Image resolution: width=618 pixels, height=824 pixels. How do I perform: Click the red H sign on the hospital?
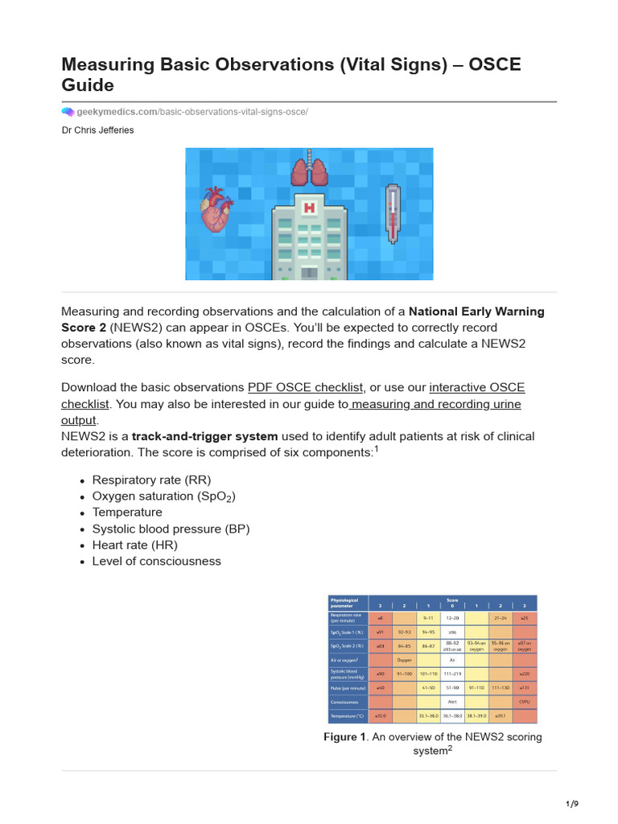tap(308, 208)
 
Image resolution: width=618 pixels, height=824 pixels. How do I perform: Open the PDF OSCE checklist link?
tap(307, 386)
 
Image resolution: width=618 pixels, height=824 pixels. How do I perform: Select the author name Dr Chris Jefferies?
tap(98, 130)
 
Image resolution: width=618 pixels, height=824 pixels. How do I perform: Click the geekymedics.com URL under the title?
tap(192, 112)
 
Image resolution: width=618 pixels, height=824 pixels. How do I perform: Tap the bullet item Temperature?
tap(127, 512)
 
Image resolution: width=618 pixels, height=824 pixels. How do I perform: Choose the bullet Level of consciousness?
tap(156, 561)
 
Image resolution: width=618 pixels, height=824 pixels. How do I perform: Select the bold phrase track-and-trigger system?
tap(204, 436)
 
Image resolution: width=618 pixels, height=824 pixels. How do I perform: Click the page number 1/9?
tap(572, 804)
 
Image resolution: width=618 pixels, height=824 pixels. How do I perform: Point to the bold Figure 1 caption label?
tap(344, 737)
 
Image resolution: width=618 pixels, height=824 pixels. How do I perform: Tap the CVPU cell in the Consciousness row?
tap(524, 702)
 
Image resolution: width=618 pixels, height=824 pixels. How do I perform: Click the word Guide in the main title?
tap(88, 84)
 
